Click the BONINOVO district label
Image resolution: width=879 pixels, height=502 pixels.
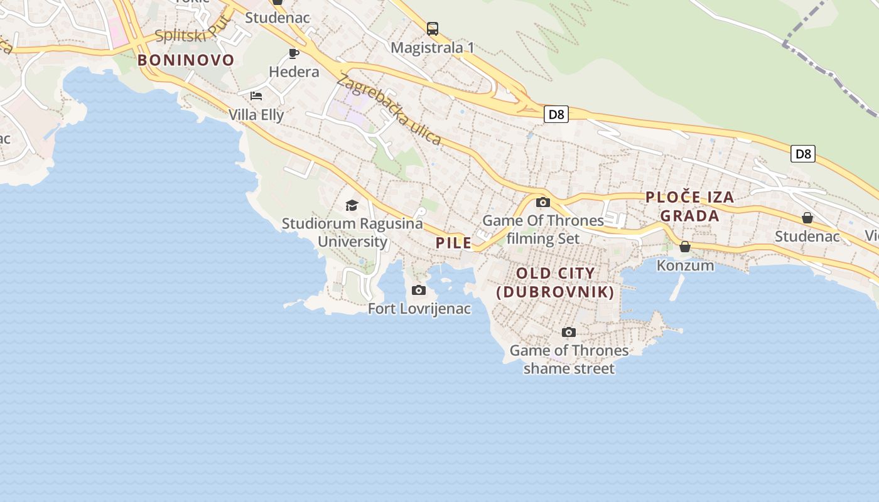click(186, 60)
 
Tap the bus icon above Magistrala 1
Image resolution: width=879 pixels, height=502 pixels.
click(433, 28)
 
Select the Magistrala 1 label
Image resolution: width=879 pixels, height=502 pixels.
click(433, 48)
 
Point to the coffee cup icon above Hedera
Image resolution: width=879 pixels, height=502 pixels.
click(294, 53)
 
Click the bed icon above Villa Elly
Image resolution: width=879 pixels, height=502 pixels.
click(256, 96)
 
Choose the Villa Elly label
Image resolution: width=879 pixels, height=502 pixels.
click(256, 115)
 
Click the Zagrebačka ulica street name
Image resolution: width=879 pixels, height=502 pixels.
click(389, 109)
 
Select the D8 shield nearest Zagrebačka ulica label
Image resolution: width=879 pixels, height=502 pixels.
click(556, 114)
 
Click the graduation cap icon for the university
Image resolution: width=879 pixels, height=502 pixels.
click(352, 205)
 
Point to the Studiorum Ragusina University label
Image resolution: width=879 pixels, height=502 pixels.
click(352, 232)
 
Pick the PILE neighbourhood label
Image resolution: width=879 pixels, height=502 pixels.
click(453, 243)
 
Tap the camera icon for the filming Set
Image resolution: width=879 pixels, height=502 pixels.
click(543, 202)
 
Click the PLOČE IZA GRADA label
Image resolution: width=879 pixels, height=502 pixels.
click(690, 206)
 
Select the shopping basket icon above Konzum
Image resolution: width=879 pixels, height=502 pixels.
click(685, 247)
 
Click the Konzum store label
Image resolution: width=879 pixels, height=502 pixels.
click(685, 265)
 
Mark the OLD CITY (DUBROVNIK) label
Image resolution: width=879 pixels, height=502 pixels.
click(555, 282)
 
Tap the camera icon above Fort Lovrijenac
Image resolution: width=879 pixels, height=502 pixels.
click(419, 290)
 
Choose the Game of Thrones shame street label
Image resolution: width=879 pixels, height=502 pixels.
click(569, 360)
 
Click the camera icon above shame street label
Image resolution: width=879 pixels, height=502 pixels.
click(569, 332)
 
